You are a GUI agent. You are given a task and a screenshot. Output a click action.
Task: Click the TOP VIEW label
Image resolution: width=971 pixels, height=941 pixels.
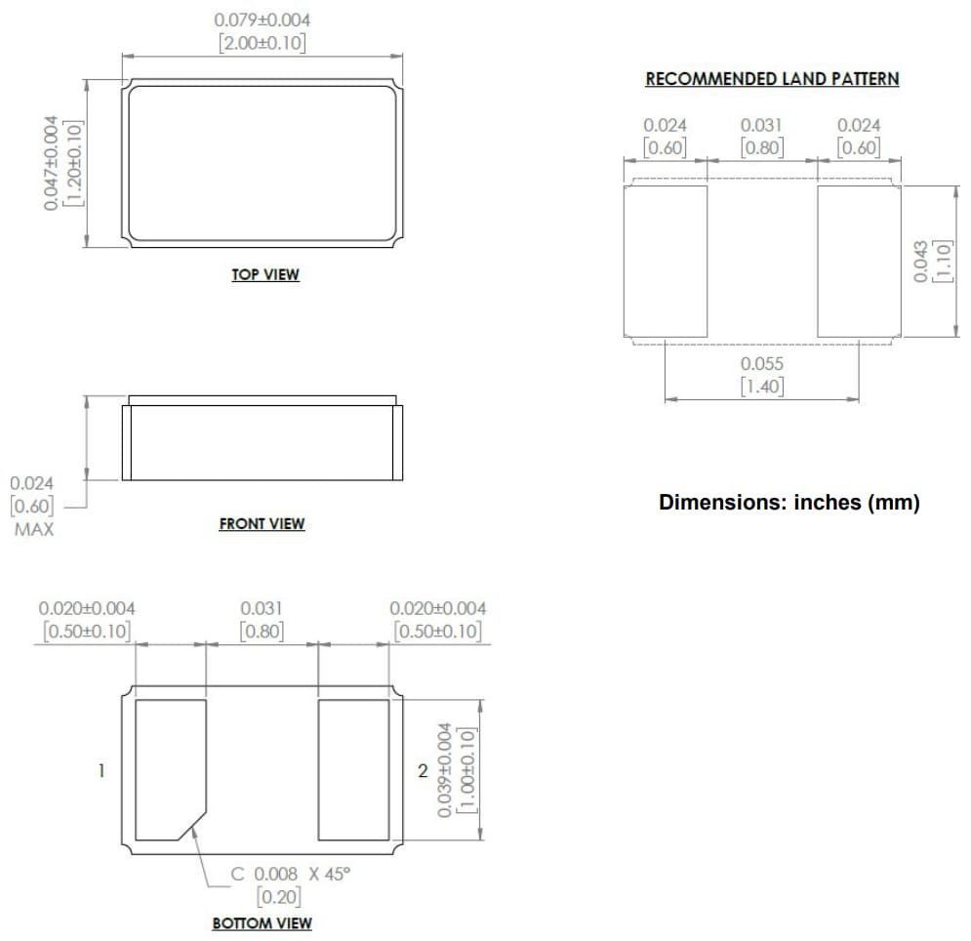(264, 274)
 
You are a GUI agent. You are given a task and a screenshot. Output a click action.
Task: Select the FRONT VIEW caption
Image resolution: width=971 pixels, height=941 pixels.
(262, 524)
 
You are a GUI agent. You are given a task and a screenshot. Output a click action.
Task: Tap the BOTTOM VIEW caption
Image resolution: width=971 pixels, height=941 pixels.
(262, 922)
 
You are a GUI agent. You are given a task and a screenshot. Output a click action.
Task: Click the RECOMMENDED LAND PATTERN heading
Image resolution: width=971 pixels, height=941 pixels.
(772, 79)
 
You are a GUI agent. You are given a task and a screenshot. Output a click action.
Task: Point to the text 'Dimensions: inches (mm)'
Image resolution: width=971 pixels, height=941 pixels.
(789, 504)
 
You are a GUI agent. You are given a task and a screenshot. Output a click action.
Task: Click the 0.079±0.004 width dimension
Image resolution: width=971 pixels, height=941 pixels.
(263, 20)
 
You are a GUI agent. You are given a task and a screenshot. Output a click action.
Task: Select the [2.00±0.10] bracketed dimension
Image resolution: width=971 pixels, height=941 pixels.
(263, 44)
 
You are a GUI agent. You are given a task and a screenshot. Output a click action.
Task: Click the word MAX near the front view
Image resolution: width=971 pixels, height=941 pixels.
(34, 530)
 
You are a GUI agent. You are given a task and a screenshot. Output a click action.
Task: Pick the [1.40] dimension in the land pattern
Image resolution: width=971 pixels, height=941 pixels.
(762, 387)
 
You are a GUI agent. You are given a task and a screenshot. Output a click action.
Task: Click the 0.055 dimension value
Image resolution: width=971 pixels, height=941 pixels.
(762, 364)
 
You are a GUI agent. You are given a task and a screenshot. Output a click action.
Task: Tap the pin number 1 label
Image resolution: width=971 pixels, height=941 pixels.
(101, 771)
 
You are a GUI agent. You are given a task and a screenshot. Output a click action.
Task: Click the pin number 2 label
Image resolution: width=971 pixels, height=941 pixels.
(423, 771)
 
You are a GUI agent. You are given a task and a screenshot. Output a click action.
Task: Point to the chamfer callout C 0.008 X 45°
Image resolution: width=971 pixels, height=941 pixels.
(289, 874)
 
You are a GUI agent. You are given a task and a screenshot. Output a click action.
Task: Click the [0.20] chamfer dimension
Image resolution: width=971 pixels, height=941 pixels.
(278, 896)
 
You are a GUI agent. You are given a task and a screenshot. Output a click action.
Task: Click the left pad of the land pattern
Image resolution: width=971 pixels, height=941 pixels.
(665, 261)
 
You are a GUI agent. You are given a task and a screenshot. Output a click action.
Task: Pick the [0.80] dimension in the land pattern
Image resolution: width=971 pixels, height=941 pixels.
(762, 147)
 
